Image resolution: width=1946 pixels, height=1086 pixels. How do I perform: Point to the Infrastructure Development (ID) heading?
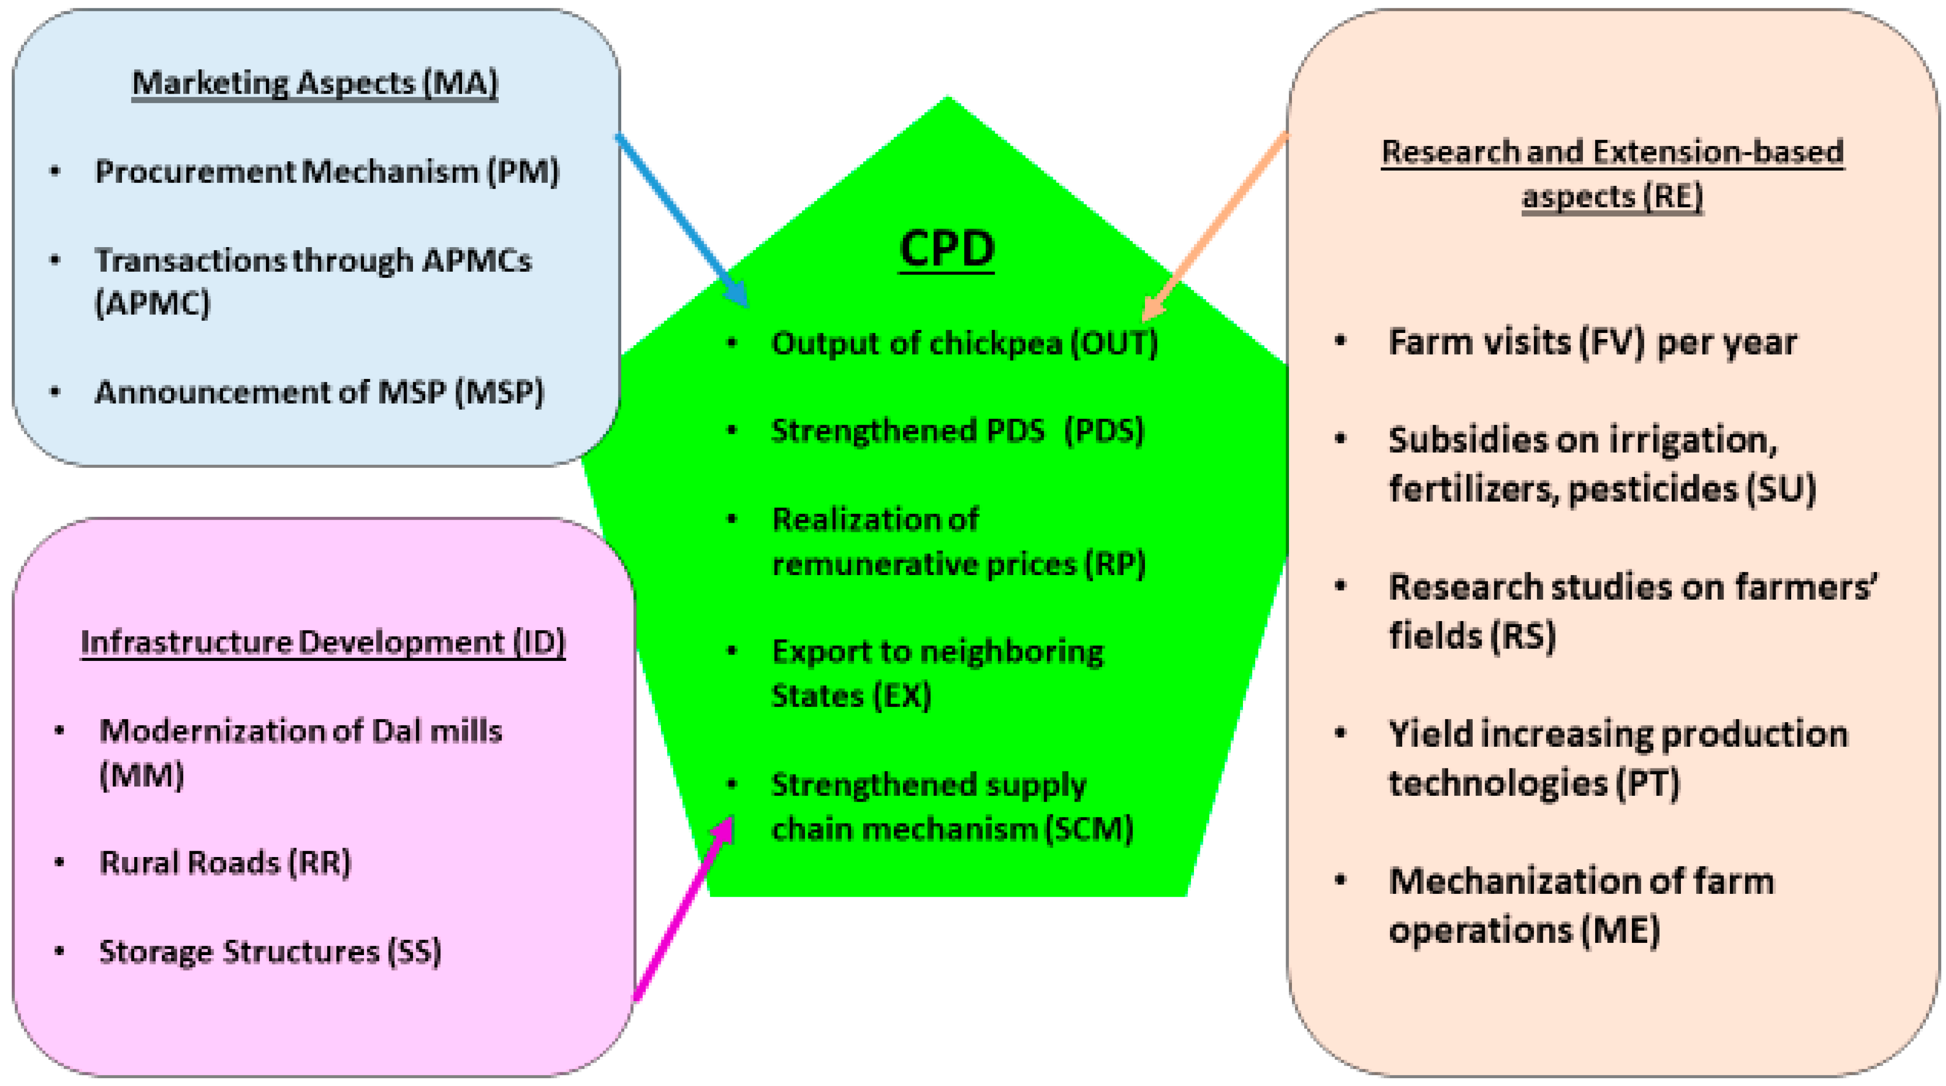322,642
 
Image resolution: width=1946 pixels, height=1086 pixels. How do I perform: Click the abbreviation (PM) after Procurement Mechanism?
523,172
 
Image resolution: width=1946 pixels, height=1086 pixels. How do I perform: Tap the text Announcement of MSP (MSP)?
319,392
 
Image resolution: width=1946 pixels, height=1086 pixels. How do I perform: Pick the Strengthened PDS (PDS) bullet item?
957,431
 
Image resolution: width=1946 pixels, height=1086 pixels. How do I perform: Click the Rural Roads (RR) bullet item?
225,863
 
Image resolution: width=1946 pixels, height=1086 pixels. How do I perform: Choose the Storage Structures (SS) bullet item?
269,952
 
